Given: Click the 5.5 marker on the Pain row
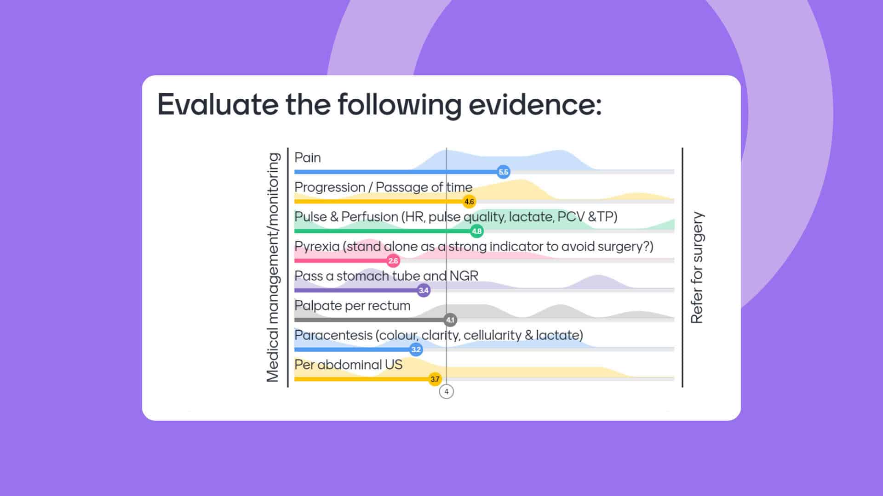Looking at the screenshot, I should click(x=503, y=172).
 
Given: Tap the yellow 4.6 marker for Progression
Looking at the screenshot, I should click(x=469, y=202).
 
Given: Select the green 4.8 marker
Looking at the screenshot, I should click(x=476, y=231).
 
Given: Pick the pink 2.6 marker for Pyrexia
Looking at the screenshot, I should click(x=393, y=261).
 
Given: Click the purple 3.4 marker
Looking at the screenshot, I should click(x=423, y=290).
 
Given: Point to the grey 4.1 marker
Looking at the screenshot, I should click(x=450, y=320).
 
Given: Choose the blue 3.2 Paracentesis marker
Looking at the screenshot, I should click(x=416, y=349).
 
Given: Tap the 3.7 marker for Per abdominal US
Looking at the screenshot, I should click(x=435, y=379).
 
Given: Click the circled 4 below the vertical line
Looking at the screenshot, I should click(x=446, y=392).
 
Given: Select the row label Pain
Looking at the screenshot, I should click(x=307, y=158).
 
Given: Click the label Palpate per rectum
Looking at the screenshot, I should click(x=352, y=305).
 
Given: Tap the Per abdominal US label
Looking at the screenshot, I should click(x=348, y=365).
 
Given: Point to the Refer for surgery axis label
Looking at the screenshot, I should click(x=697, y=267).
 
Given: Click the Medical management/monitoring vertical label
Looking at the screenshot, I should click(x=273, y=267).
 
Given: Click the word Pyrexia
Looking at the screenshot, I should click(x=316, y=247).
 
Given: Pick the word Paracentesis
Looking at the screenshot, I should click(x=333, y=335).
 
